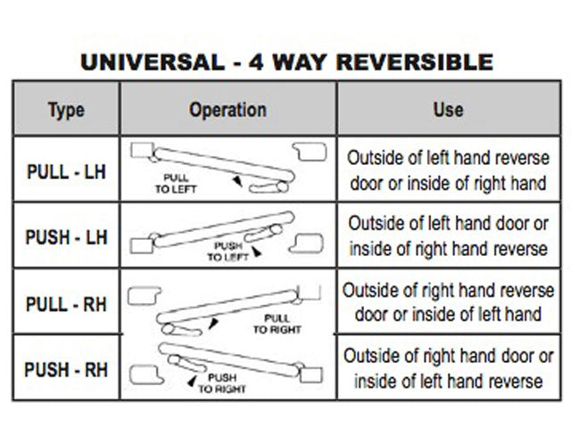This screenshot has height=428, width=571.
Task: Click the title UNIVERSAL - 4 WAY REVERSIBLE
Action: point(286,62)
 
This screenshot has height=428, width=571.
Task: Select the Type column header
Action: point(66,110)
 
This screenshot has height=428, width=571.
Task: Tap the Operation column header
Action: point(228,110)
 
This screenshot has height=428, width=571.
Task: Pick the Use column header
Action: point(447,109)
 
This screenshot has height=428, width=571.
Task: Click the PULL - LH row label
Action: point(66,170)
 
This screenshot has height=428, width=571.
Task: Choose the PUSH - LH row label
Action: point(66,236)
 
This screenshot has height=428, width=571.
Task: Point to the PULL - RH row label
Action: point(66,304)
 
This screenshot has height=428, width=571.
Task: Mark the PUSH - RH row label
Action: point(66,368)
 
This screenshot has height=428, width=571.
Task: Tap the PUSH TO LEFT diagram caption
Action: point(228,251)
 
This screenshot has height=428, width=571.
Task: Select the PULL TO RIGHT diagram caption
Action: point(273,323)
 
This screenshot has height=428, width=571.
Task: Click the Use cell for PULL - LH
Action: point(448,169)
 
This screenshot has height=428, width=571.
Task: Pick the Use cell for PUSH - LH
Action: point(448,235)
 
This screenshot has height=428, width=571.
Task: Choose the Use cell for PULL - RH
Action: point(448,302)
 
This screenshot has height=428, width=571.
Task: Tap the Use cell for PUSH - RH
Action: point(448,367)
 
